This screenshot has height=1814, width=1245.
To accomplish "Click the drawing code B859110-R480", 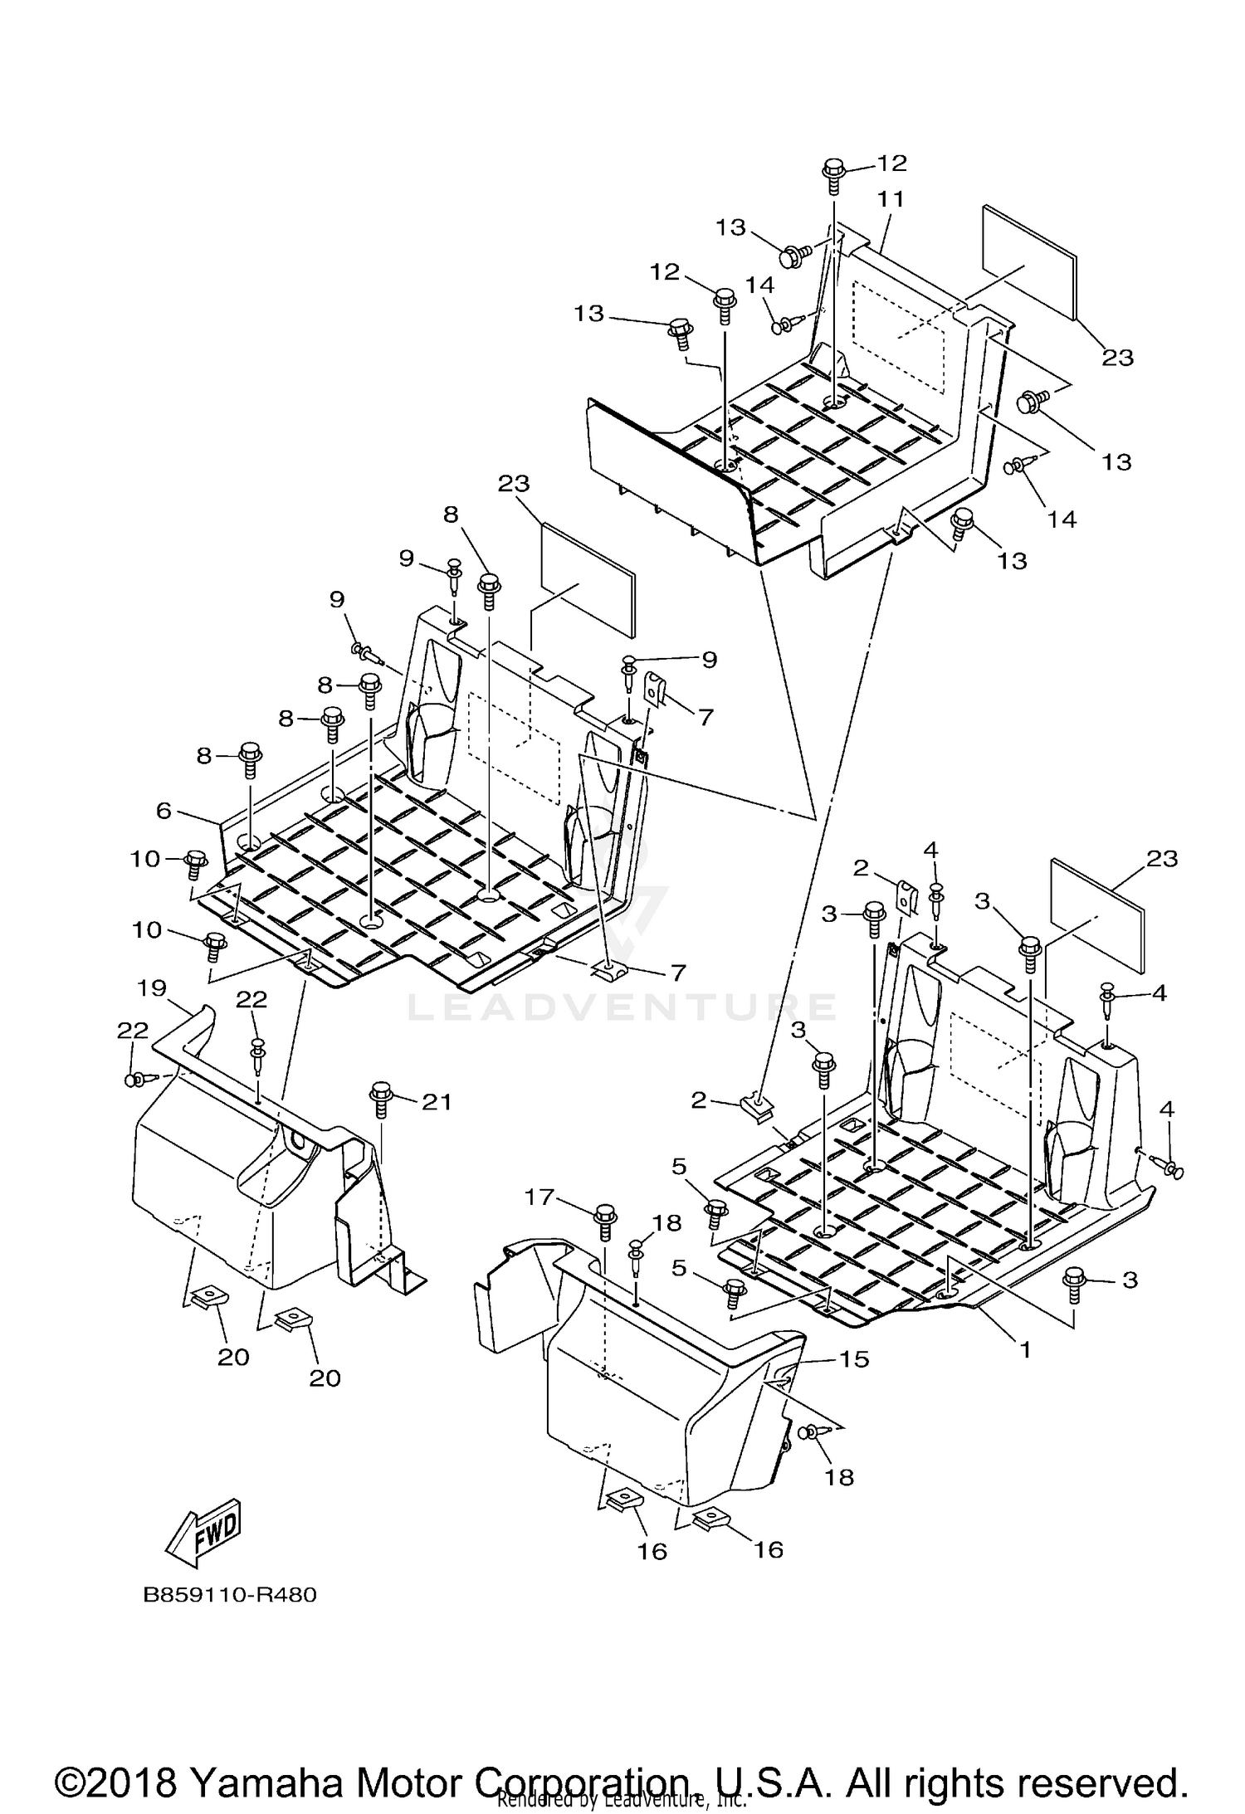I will tap(230, 1595).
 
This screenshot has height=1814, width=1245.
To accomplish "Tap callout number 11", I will tap(891, 199).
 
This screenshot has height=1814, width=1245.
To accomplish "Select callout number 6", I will tap(164, 811).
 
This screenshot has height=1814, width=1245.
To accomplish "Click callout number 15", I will tap(854, 1359).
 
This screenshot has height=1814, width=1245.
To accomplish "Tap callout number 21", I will tap(437, 1101).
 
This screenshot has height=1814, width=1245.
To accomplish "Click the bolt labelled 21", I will tap(382, 1095).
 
